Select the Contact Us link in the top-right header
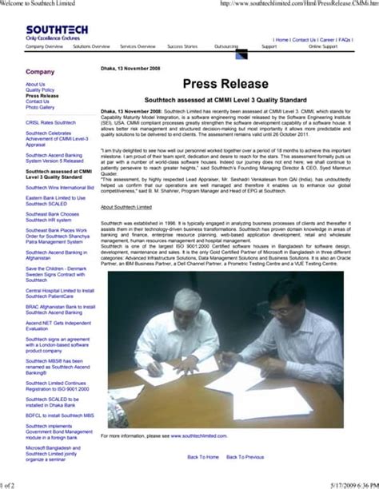304,39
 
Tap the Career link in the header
327,39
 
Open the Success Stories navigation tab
182,47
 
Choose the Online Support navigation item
324,47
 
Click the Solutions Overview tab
91,47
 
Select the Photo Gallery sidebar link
41,108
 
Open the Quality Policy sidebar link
40,90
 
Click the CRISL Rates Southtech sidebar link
50,122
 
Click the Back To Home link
203,457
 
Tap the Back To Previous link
245,457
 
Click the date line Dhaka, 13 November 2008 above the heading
130,69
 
